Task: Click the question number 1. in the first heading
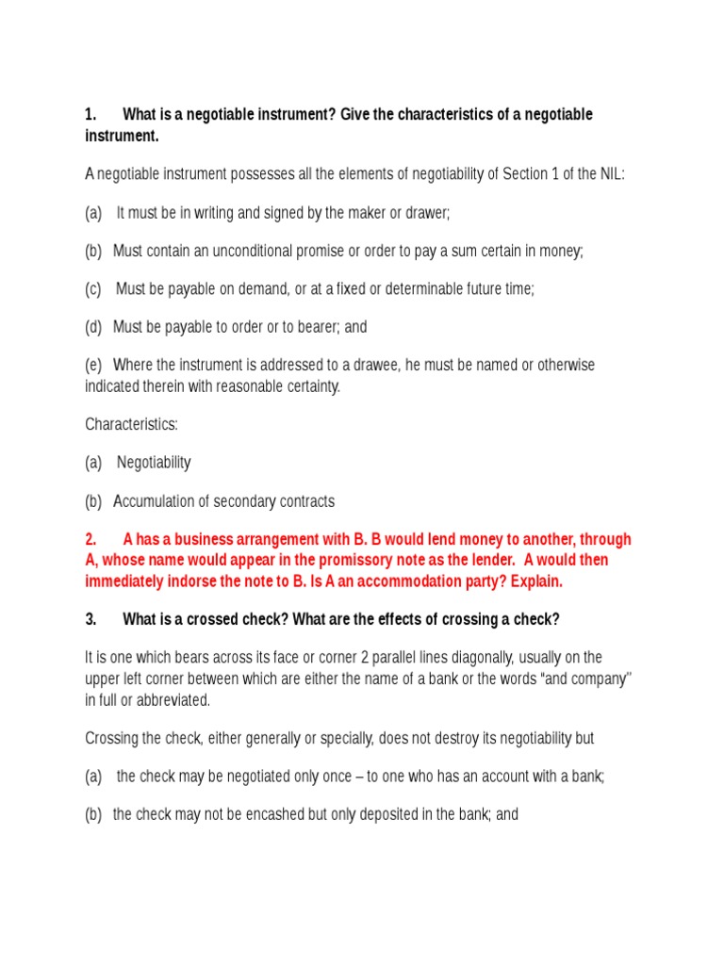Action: click(x=90, y=115)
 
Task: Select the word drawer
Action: click(x=430, y=213)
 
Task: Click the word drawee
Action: click(x=372, y=366)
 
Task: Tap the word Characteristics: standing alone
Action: click(x=131, y=424)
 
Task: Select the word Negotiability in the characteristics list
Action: click(x=154, y=463)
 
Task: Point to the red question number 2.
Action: click(x=90, y=540)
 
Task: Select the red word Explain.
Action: click(x=535, y=581)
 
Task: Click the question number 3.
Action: click(x=90, y=619)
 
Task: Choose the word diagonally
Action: click(x=495, y=658)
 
